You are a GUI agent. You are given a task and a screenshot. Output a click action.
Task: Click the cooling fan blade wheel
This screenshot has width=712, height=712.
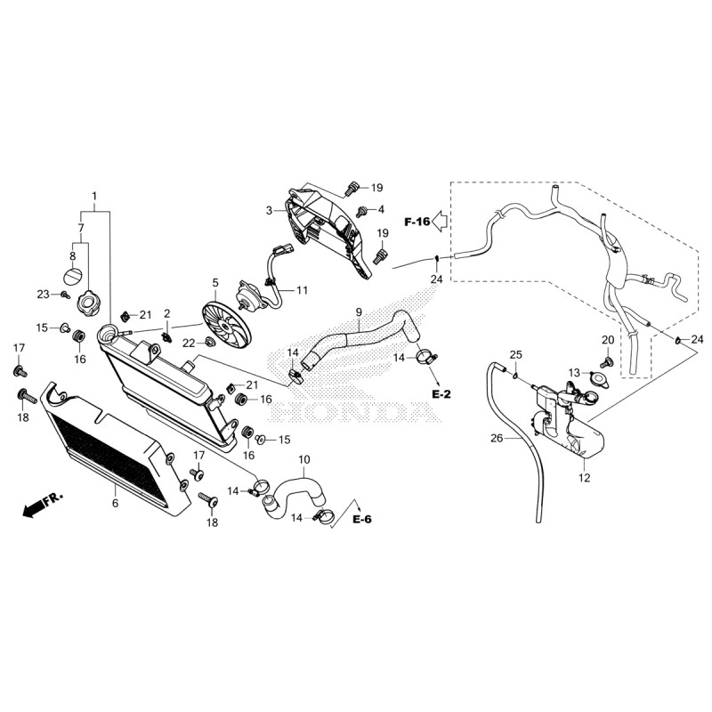pyautogui.click(x=226, y=324)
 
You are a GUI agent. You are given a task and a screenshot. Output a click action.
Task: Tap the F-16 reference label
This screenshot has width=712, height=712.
pyautogui.click(x=417, y=222)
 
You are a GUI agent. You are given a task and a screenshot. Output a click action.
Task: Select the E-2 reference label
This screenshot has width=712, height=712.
pyautogui.click(x=441, y=394)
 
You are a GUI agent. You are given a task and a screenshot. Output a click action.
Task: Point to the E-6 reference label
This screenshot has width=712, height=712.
pyautogui.click(x=362, y=519)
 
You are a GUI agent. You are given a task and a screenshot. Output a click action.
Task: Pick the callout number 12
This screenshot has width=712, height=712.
pyautogui.click(x=585, y=478)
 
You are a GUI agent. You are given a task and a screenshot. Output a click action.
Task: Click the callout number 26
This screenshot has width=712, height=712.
pyautogui.click(x=497, y=438)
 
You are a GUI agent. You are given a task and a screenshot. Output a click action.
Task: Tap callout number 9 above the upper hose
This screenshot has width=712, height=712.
pyautogui.click(x=359, y=312)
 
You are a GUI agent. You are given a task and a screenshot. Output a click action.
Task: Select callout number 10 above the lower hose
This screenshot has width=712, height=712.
pyautogui.click(x=303, y=459)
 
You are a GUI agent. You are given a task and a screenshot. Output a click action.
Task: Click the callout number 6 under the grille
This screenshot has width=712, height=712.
pyautogui.click(x=116, y=503)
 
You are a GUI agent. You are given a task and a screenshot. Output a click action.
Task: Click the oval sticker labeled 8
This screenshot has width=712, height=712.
pyautogui.click(x=72, y=275)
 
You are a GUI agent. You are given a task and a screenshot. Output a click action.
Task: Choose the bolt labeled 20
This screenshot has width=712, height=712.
pyautogui.click(x=605, y=362)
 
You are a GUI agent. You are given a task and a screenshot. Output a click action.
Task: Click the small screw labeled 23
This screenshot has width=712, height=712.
pyautogui.click(x=66, y=295)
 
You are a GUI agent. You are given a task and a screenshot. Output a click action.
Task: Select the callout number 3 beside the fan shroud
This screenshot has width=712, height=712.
pyautogui.click(x=270, y=211)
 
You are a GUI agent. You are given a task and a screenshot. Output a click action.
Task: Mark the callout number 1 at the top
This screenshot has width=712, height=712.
pyautogui.click(x=94, y=196)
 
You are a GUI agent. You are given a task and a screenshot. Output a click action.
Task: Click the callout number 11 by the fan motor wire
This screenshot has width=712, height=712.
pyautogui.click(x=302, y=290)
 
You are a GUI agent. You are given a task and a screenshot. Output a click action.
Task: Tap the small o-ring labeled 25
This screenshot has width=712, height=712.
pyautogui.click(x=515, y=375)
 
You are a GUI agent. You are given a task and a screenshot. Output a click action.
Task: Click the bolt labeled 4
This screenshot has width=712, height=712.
pyautogui.click(x=362, y=211)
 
